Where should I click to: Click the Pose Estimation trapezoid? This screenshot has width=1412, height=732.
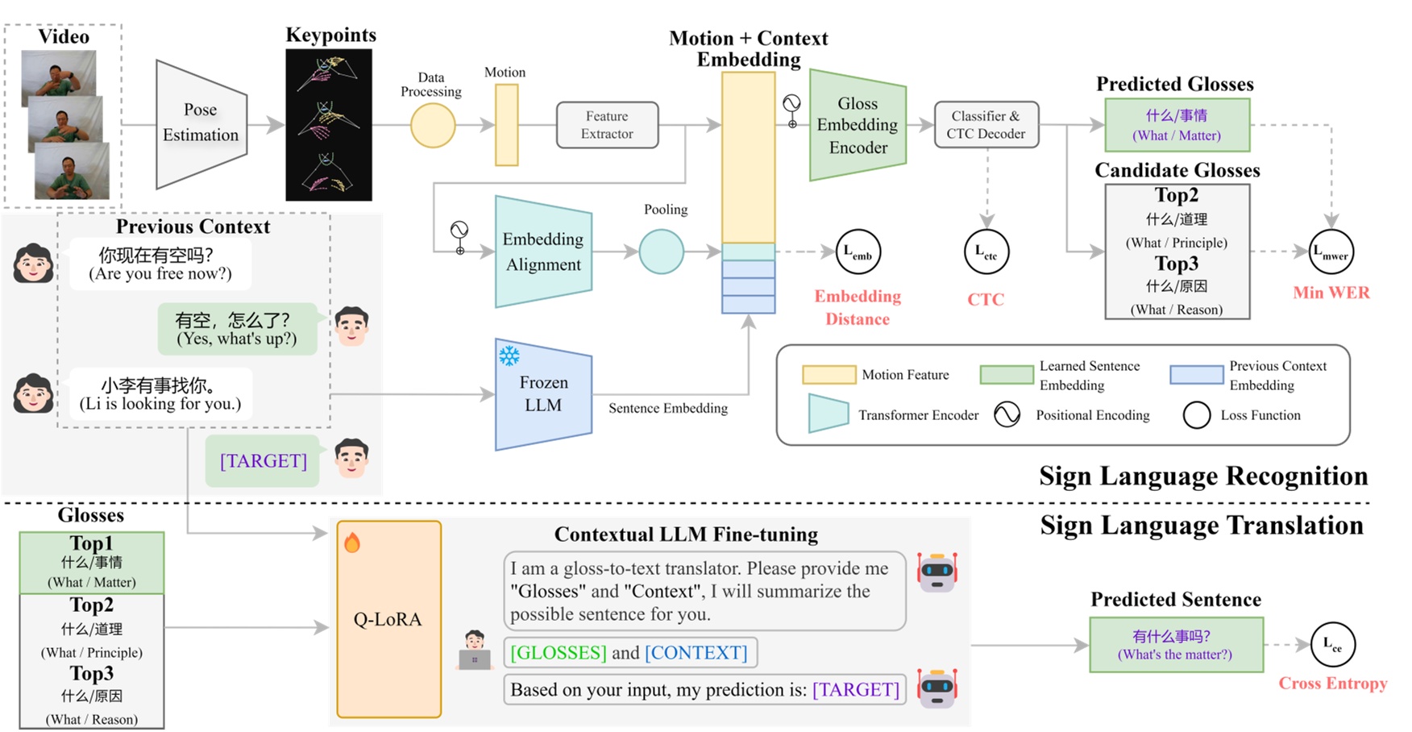201,123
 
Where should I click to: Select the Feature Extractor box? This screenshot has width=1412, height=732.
607,125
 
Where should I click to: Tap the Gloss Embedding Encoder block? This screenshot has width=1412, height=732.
858,125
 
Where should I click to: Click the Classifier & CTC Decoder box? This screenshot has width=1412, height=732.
986,125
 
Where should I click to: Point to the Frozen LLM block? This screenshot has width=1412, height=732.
543,394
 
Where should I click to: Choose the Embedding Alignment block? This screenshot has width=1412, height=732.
543,252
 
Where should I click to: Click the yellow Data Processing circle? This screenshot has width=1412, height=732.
433,126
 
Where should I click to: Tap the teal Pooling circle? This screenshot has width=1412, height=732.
661,252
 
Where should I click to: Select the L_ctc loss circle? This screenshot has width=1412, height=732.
986,252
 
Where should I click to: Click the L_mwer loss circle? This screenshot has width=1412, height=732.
1331,252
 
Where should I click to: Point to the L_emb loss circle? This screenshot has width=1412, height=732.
858,252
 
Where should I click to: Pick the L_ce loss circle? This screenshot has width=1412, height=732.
1332,645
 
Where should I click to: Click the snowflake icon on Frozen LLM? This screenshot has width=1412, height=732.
509,356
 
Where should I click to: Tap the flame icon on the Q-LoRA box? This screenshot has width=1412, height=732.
352,543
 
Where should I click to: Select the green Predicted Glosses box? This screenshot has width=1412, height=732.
1177,125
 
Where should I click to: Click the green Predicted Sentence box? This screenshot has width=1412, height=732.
1176,645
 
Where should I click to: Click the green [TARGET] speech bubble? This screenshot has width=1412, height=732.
263,461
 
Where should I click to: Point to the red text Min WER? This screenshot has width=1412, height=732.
1331,293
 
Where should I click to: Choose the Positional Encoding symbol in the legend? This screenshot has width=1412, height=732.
1007,415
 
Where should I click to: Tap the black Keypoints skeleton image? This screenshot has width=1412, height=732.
329,125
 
